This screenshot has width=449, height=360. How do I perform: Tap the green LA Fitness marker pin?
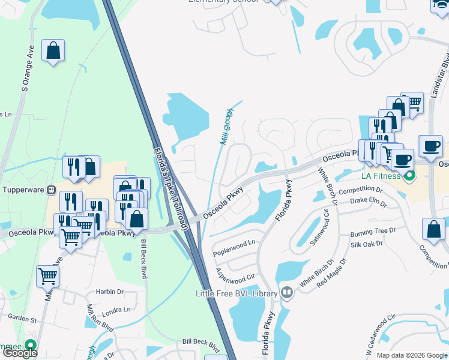(x=411, y=177)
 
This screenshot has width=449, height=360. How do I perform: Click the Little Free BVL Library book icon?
(x=286, y=293)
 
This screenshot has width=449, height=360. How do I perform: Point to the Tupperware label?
(x=23, y=190)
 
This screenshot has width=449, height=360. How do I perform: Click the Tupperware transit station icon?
(x=51, y=190)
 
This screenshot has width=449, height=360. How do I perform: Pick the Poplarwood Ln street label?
(x=234, y=244)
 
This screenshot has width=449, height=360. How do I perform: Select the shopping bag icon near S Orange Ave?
(x=53, y=51)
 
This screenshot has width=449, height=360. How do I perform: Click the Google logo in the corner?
(x=20, y=353)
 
